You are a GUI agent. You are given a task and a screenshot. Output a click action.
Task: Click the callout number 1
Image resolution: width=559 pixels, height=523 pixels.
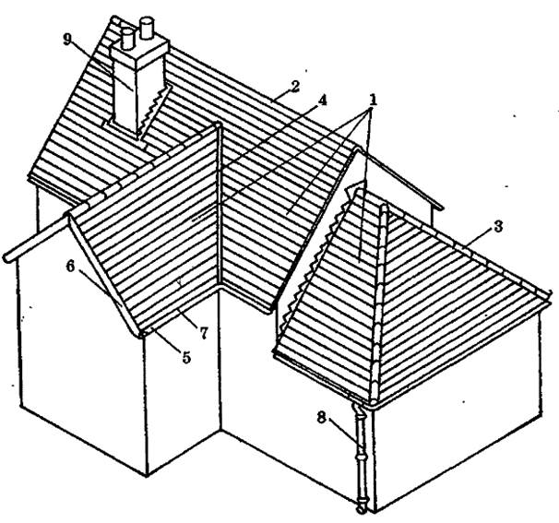click(x=373, y=101)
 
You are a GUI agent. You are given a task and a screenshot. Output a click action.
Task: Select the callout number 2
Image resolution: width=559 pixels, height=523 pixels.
click(x=294, y=87)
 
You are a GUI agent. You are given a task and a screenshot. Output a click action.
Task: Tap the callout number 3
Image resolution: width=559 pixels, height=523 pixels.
click(x=498, y=226)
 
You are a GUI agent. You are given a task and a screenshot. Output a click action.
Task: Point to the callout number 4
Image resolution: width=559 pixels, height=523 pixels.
click(x=322, y=101)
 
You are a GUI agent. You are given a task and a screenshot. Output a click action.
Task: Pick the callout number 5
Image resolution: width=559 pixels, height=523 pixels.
click(x=186, y=357)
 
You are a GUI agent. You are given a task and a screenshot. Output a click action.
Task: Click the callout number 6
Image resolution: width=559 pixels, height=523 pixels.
click(x=71, y=267)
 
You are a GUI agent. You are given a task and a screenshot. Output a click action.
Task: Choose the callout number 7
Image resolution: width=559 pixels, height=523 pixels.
click(x=204, y=333)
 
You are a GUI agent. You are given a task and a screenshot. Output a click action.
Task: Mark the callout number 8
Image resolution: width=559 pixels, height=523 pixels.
click(x=322, y=418)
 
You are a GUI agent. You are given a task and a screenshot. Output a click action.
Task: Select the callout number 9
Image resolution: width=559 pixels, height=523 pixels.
click(x=67, y=40)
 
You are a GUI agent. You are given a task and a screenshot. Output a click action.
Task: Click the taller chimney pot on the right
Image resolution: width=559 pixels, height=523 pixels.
click(x=146, y=28)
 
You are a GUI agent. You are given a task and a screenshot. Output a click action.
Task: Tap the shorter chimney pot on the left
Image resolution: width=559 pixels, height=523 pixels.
click(x=127, y=39)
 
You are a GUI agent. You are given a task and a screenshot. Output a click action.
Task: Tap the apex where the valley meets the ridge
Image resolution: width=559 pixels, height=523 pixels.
click(x=218, y=125)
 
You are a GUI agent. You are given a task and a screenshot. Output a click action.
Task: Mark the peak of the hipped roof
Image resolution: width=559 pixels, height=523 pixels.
click(x=384, y=207)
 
